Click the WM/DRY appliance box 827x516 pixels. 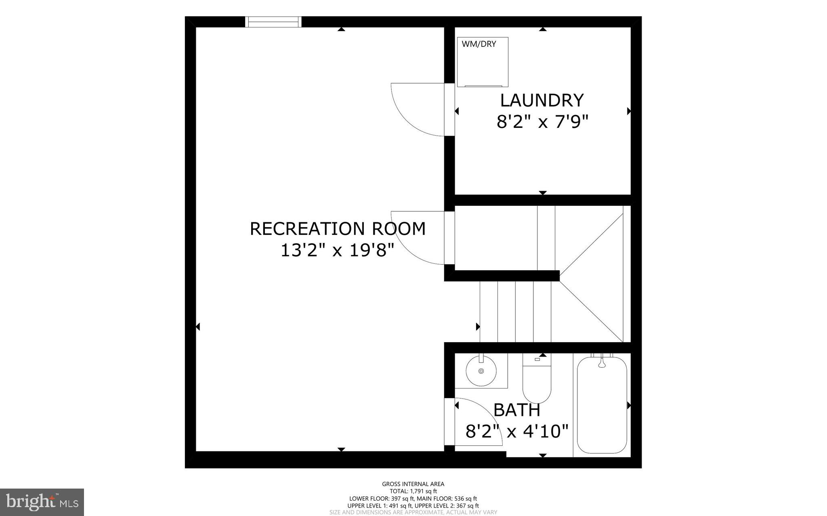click(x=483, y=63)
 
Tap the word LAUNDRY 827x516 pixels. click(x=542, y=100)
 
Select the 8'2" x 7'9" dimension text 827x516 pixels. click(x=542, y=121)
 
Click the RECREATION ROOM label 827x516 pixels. click(x=338, y=229)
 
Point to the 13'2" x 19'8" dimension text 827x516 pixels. click(x=337, y=251)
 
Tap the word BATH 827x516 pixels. click(x=517, y=410)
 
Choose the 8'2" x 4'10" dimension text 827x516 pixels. click(x=517, y=431)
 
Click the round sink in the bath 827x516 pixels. click(x=481, y=371)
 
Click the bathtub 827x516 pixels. click(x=602, y=405)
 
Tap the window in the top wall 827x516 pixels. click(x=274, y=22)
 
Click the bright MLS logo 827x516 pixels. click(x=42, y=502)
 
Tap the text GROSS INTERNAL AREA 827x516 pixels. click(x=413, y=484)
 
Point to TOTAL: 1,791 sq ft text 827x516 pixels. click(x=413, y=491)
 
